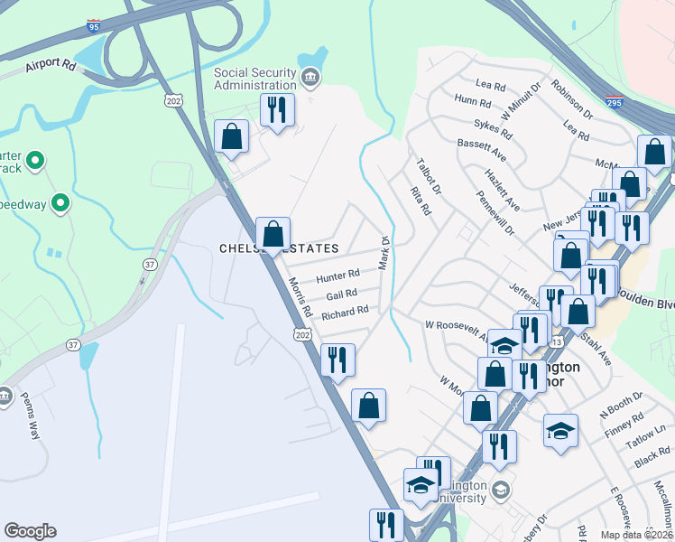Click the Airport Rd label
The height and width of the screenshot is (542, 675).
pyautogui.click(x=51, y=64)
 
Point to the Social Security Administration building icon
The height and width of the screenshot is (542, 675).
pyautogui.click(x=310, y=78)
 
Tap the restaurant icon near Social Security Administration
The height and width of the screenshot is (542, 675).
pyautogui.click(x=276, y=110)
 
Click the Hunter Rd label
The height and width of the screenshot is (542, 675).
pyautogui.click(x=337, y=273)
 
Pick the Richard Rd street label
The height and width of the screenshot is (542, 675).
pyautogui.click(x=345, y=313)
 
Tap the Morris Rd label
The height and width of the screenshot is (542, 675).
pyautogui.click(x=301, y=297)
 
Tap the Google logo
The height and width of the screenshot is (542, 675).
pyautogui.click(x=30, y=531)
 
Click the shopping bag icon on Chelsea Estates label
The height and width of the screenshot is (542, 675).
pyautogui.click(x=273, y=235)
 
